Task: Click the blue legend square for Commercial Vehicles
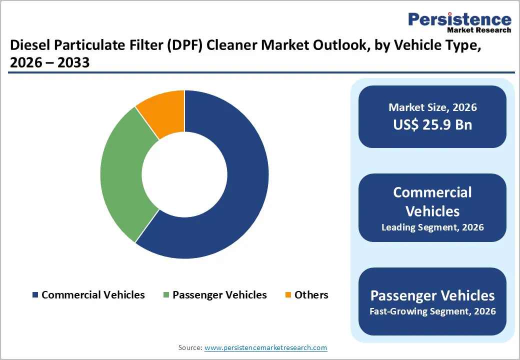(x=35, y=295)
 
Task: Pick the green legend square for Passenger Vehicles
(x=166, y=295)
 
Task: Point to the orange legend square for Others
(x=287, y=295)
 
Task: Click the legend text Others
(x=311, y=295)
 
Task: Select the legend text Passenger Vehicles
(x=219, y=295)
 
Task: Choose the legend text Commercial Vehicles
(x=93, y=295)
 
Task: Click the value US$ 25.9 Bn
(x=432, y=124)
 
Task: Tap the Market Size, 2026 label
(x=432, y=107)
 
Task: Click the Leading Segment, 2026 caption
(x=432, y=227)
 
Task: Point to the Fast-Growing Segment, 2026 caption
(x=432, y=311)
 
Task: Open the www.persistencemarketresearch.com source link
(x=265, y=347)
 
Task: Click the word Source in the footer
(x=190, y=347)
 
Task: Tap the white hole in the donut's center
(x=184, y=174)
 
